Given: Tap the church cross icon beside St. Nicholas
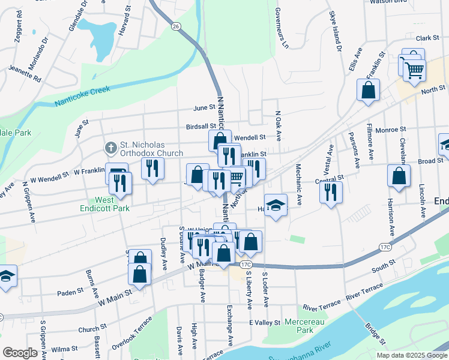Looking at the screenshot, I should (x=110, y=147).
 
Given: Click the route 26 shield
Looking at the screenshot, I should (x=175, y=26).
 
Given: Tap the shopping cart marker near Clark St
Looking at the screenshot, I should (x=414, y=70).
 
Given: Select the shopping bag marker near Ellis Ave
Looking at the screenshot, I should (x=368, y=90).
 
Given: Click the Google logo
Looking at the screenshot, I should (x=20, y=353).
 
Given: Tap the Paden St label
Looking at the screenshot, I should (x=70, y=292).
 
